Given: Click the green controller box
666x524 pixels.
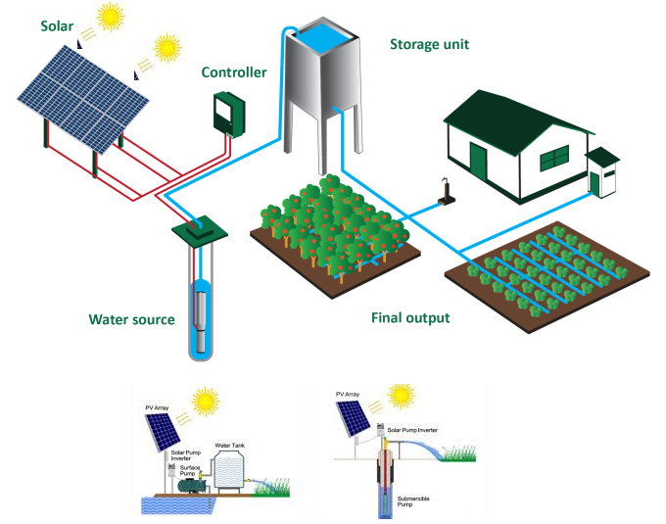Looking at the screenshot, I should click(x=228, y=114).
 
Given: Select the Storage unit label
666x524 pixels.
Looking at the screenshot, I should click(x=429, y=44).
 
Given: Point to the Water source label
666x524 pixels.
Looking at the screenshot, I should click(x=131, y=319).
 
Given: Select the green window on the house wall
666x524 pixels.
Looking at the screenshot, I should click(x=554, y=158).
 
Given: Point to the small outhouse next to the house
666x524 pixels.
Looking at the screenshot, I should click(x=600, y=172).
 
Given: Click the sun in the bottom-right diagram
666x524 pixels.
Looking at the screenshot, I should click(x=401, y=396).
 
